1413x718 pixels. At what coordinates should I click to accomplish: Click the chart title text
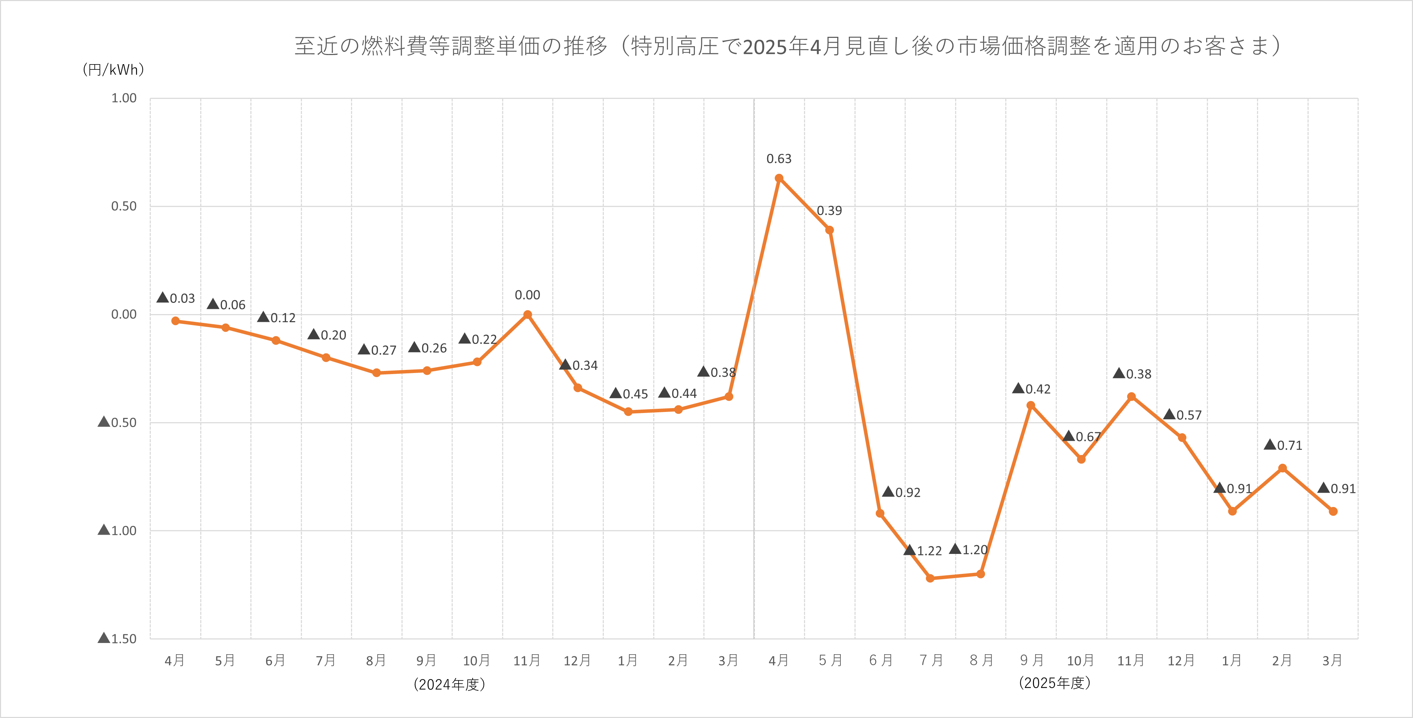pos(787,46)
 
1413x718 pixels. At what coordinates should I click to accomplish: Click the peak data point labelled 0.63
pos(779,178)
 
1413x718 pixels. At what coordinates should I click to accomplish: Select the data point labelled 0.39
pos(829,230)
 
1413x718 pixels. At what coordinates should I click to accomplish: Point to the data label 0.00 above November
pos(527,295)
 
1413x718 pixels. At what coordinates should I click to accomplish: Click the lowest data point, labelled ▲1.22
pos(930,578)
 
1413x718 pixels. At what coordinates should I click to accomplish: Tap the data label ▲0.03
pos(176,298)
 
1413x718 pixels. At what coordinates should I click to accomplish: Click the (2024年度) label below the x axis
pos(449,685)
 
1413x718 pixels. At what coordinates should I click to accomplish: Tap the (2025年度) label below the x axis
pos(1054,683)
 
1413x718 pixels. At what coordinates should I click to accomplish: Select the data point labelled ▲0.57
pos(1182,438)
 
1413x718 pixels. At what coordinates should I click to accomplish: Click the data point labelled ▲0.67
pos(1081,459)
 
